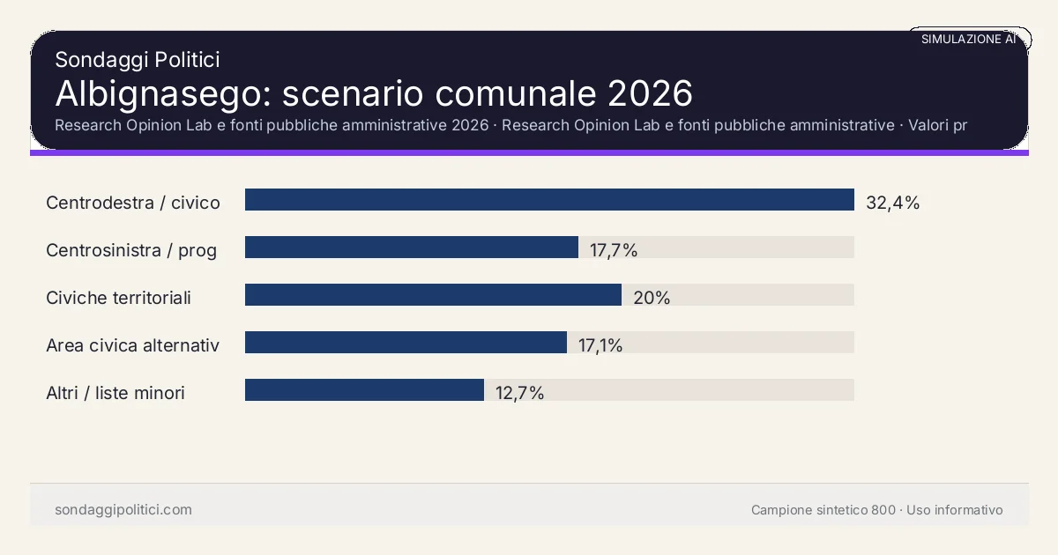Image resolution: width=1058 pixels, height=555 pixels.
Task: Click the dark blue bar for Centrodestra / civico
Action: (x=549, y=200)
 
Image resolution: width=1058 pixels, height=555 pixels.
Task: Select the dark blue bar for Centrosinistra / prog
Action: (x=411, y=248)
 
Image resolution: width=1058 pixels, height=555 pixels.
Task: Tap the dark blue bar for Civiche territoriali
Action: (x=433, y=295)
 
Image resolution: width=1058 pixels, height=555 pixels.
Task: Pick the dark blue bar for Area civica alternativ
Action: (x=406, y=343)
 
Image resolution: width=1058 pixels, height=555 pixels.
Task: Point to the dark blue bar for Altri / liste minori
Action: (x=364, y=390)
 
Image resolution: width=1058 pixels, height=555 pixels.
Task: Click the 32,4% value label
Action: (x=892, y=203)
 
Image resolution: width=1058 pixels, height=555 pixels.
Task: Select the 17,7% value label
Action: (x=614, y=250)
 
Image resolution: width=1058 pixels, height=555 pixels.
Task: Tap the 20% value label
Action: (x=652, y=298)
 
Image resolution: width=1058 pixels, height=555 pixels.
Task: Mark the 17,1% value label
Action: (x=600, y=345)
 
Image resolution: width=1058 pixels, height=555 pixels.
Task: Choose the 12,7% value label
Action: (x=519, y=393)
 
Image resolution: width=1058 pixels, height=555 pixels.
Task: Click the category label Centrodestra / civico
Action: (x=133, y=203)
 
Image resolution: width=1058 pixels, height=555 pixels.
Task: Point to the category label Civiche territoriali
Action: (x=118, y=298)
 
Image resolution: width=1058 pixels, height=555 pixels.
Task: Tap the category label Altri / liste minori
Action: (x=115, y=393)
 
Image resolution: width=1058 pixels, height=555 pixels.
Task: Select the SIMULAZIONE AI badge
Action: (x=968, y=40)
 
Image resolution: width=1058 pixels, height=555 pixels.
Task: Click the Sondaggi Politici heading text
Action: (x=137, y=60)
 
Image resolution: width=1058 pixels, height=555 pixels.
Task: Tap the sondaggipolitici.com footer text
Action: (x=123, y=510)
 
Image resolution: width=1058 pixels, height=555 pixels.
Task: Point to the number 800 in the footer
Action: (x=883, y=510)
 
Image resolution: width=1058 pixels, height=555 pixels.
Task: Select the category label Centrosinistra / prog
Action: (x=131, y=250)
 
